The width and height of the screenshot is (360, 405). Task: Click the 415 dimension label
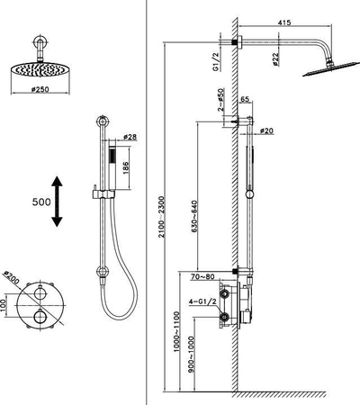point(284,22)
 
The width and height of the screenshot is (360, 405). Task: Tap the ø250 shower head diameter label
point(40,89)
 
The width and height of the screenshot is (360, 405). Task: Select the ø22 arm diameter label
point(275,59)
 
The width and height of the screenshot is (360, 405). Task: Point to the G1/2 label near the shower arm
point(216,61)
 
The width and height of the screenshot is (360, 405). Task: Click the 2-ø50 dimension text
point(221,100)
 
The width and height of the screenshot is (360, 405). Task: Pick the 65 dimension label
point(245,99)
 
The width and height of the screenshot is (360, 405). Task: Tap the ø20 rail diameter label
point(266,130)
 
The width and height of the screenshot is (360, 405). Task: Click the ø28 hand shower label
point(130,137)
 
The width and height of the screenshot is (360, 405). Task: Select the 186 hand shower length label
point(125,167)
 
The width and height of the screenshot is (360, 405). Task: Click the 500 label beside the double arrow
point(41,202)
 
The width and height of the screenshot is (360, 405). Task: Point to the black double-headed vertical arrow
point(57,202)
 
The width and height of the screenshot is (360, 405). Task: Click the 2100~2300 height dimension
point(162,217)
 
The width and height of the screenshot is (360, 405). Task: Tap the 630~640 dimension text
point(193,217)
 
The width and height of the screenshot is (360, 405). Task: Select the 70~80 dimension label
point(202,276)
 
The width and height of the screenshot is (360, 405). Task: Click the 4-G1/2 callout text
point(202,301)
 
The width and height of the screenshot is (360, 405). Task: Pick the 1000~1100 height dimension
point(176,332)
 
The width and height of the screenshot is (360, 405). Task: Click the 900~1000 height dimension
point(192,355)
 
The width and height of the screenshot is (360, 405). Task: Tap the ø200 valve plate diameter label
point(11,278)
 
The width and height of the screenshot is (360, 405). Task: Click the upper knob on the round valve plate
point(40,293)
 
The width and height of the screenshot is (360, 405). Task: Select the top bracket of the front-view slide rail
point(103,122)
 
